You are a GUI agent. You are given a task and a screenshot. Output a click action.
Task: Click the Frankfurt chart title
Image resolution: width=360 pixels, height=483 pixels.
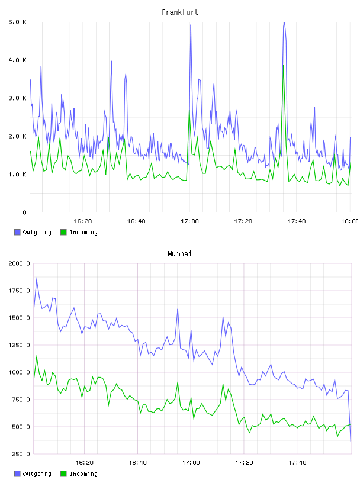click(180, 12)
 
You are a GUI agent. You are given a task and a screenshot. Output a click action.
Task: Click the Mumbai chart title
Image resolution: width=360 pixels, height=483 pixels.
click(179, 253)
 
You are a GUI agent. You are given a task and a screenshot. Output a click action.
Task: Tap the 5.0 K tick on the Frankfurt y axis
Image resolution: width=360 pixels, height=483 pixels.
click(18, 22)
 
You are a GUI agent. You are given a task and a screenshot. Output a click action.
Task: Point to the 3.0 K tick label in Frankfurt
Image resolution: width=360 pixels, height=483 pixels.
click(18, 98)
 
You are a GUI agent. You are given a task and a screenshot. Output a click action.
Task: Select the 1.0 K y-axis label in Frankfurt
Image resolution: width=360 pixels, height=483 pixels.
click(18, 175)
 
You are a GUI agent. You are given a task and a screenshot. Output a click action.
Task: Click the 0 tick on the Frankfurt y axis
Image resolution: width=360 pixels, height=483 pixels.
click(25, 212)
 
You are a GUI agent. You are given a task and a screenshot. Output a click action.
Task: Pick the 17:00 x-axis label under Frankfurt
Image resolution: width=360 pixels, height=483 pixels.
click(189, 221)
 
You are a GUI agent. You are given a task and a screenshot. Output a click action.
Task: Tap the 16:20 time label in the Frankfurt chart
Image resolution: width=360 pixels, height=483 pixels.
click(83, 221)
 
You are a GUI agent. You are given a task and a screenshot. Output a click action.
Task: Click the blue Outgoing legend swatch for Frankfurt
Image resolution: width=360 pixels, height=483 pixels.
click(17, 232)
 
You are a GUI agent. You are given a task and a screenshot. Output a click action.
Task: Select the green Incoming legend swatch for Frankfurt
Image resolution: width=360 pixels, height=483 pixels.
click(63, 232)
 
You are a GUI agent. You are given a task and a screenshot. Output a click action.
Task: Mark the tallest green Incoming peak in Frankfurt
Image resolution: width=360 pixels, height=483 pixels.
click(283, 66)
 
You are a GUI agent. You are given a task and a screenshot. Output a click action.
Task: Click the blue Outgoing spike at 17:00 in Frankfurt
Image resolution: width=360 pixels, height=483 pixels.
click(191, 25)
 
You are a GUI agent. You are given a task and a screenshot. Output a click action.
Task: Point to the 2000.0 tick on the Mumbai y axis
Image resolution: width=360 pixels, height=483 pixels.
click(20, 263)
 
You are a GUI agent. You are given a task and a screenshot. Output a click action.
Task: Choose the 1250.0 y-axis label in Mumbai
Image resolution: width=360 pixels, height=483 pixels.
click(20, 345)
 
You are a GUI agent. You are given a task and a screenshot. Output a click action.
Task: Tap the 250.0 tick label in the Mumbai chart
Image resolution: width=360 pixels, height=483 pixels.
click(21, 454)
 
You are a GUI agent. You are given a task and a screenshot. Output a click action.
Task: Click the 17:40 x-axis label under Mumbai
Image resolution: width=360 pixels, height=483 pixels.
click(297, 462)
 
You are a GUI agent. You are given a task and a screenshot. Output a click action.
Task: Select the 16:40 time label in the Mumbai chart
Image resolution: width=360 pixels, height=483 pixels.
click(137, 462)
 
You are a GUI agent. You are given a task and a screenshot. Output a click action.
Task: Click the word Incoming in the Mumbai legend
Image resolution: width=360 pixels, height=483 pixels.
click(83, 474)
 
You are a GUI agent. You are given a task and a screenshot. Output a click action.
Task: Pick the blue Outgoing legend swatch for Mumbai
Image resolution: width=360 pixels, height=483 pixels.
click(17, 474)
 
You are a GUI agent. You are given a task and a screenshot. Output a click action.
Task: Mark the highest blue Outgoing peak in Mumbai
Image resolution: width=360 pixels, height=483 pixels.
click(37, 279)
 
